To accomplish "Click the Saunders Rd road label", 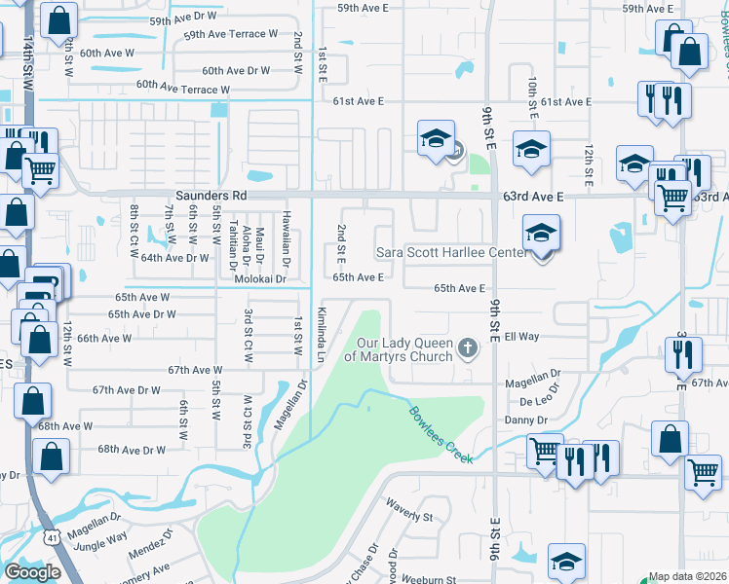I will pyautogui.click(x=211, y=196).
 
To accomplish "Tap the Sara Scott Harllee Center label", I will pyautogui.click(x=451, y=253).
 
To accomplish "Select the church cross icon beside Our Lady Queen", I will pyautogui.click(x=468, y=348).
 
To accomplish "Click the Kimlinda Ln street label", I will pyautogui.click(x=321, y=334).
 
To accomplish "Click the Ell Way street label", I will pyautogui.click(x=521, y=337).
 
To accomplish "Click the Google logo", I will pyautogui.click(x=32, y=571).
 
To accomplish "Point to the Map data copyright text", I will pyautogui.click(x=687, y=576).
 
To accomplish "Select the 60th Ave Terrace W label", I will pyautogui.click(x=182, y=89).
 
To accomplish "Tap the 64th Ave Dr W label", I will pyautogui.click(x=175, y=258).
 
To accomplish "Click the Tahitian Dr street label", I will pyautogui.click(x=232, y=245).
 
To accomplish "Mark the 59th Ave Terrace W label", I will pyautogui.click(x=231, y=34).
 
